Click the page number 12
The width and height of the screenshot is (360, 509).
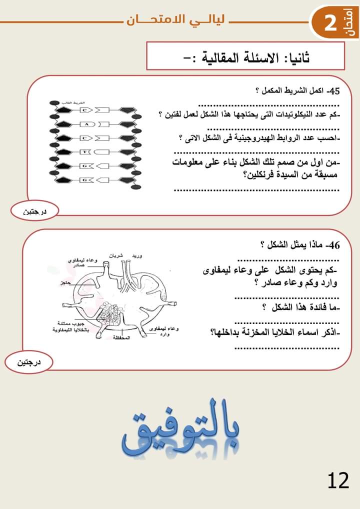pos(338,481)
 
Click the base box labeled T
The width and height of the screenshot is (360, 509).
pos(85,151)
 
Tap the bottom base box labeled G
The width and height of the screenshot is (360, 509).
pos(85,179)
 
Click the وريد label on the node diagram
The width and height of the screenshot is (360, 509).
pos(136,255)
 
